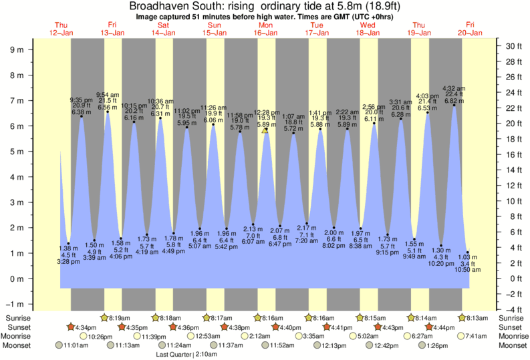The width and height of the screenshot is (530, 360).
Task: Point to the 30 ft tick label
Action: (513, 46)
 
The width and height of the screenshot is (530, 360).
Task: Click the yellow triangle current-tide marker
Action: (265, 131)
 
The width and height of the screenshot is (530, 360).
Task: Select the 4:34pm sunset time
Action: (85, 327)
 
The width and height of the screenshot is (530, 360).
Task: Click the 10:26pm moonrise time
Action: (100, 336)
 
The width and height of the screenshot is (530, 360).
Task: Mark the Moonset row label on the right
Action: (513, 345)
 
